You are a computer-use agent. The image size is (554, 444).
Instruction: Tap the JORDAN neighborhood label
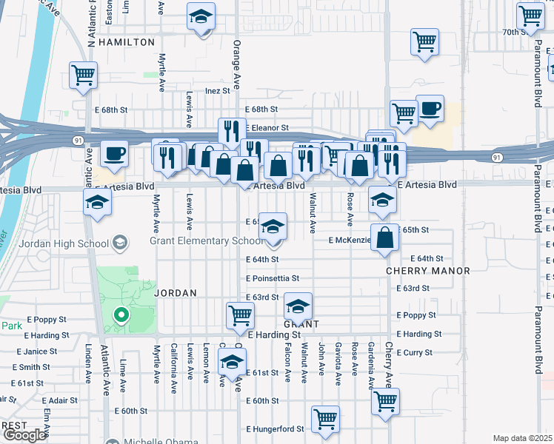[175, 293]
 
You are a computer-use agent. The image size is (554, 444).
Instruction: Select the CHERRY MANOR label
[428, 271]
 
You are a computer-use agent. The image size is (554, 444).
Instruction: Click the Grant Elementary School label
[206, 240]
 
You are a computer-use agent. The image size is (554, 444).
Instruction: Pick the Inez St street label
[218, 91]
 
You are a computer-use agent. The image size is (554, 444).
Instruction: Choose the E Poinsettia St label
[273, 278]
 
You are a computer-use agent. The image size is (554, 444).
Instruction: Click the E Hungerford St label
[275, 428]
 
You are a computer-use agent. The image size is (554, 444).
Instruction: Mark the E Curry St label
[414, 353]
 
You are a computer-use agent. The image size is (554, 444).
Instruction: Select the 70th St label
[518, 32]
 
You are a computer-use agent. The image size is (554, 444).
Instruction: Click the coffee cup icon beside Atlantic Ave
[113, 154]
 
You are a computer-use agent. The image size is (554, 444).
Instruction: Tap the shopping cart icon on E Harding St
[240, 314]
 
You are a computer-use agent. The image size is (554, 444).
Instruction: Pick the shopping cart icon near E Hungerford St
[325, 419]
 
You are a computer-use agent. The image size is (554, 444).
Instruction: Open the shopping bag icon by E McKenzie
[384, 238]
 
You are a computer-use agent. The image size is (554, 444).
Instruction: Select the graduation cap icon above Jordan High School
[97, 202]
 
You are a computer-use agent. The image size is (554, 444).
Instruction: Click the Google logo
[24, 435]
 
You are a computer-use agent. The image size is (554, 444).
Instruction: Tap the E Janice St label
[30, 351]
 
